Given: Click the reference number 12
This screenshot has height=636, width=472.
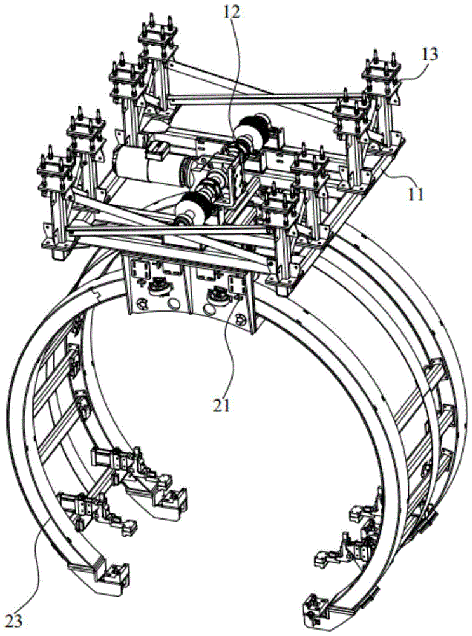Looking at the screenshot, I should (231, 11).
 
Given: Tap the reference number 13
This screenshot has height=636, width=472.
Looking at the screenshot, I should (429, 55).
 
